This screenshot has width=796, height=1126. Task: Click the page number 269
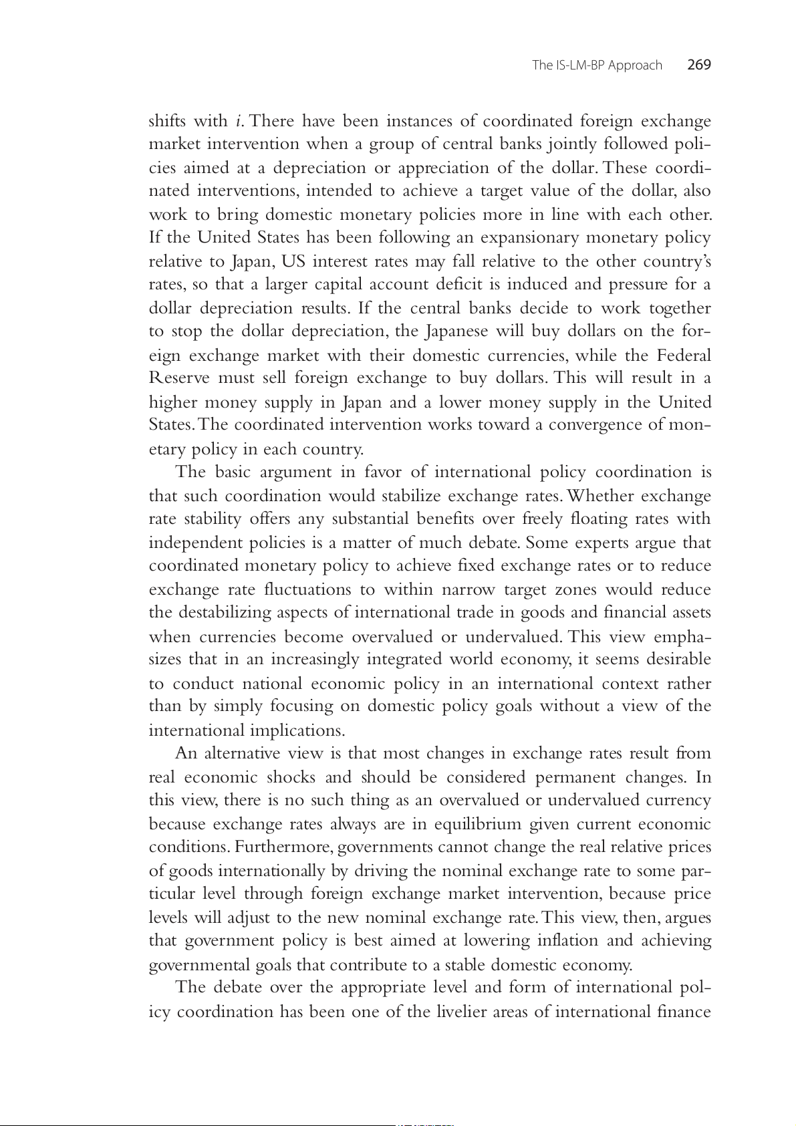(x=699, y=65)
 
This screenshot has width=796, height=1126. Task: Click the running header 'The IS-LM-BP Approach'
(x=597, y=65)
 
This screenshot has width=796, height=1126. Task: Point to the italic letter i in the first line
(x=239, y=121)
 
